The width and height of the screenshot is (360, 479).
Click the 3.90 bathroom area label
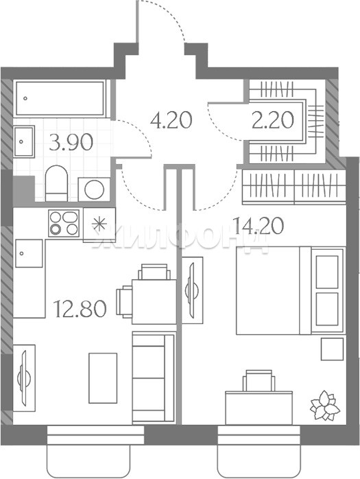tap(71, 142)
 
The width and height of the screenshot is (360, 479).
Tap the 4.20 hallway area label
tap(171, 119)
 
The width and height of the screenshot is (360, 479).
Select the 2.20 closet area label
tap(273, 119)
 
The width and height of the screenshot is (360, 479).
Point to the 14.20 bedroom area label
tap(259, 226)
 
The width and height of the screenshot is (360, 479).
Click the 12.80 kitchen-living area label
tap(80, 308)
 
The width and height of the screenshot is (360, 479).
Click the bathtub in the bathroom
tap(60, 98)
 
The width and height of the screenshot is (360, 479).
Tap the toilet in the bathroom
tap(56, 183)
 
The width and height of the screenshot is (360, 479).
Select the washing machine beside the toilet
tap(95, 189)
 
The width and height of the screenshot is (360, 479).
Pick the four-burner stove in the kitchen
tap(64, 223)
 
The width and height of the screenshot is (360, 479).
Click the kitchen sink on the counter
tap(29, 253)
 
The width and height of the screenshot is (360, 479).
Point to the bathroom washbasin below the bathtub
tap(24, 141)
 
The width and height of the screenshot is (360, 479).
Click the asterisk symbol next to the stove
tap(99, 224)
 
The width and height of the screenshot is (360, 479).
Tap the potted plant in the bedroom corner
tap(325, 405)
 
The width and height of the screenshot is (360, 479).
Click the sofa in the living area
tap(154, 378)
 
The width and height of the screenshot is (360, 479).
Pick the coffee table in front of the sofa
tap(103, 378)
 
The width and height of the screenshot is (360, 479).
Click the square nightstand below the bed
tap(332, 349)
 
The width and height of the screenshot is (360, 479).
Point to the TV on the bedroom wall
tap(193, 290)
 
